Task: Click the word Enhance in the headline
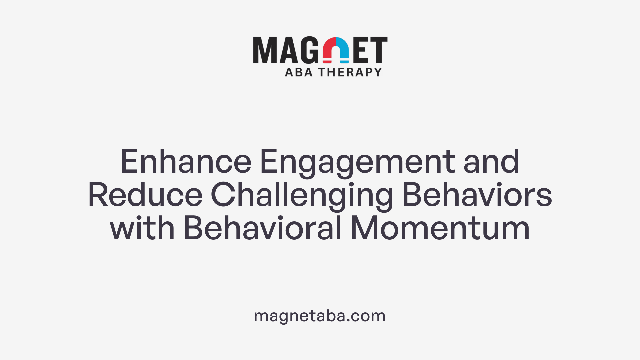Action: click(x=186, y=162)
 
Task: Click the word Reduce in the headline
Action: click(x=145, y=195)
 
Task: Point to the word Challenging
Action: click(x=302, y=197)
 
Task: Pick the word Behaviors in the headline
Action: click(x=477, y=195)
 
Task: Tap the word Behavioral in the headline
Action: click(x=263, y=228)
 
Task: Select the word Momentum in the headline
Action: click(x=440, y=228)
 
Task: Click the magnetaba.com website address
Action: click(x=320, y=316)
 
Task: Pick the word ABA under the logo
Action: click(x=299, y=72)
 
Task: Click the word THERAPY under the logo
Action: click(x=350, y=72)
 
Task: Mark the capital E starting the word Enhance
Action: click(x=129, y=162)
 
